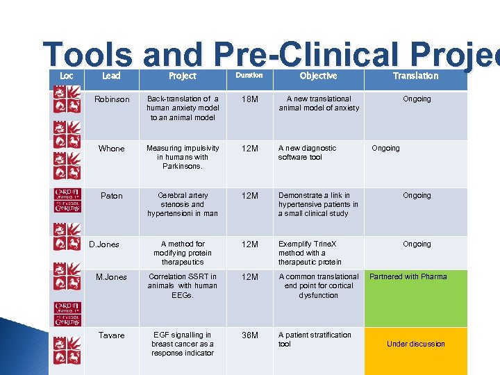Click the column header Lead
[111, 76]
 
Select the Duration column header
[249, 75]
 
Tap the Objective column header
[318, 76]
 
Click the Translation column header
[415, 76]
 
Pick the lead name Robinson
[112, 99]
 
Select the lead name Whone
[111, 149]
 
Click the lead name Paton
[111, 196]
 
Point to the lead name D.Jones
[104, 244]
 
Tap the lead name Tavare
[111, 335]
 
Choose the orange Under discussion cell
[415, 344]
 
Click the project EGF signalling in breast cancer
[183, 344]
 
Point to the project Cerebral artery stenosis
[183, 204]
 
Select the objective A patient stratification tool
[315, 339]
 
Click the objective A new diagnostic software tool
[307, 153]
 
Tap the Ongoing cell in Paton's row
[417, 196]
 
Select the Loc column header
[67, 76]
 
